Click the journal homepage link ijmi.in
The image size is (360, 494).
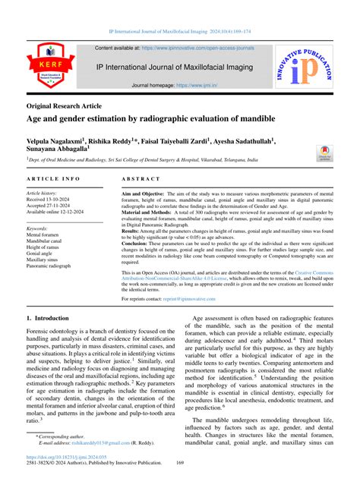click(197, 87)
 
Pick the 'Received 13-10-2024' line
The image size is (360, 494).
click(58, 200)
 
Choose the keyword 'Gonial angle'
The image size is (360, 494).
click(44, 253)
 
